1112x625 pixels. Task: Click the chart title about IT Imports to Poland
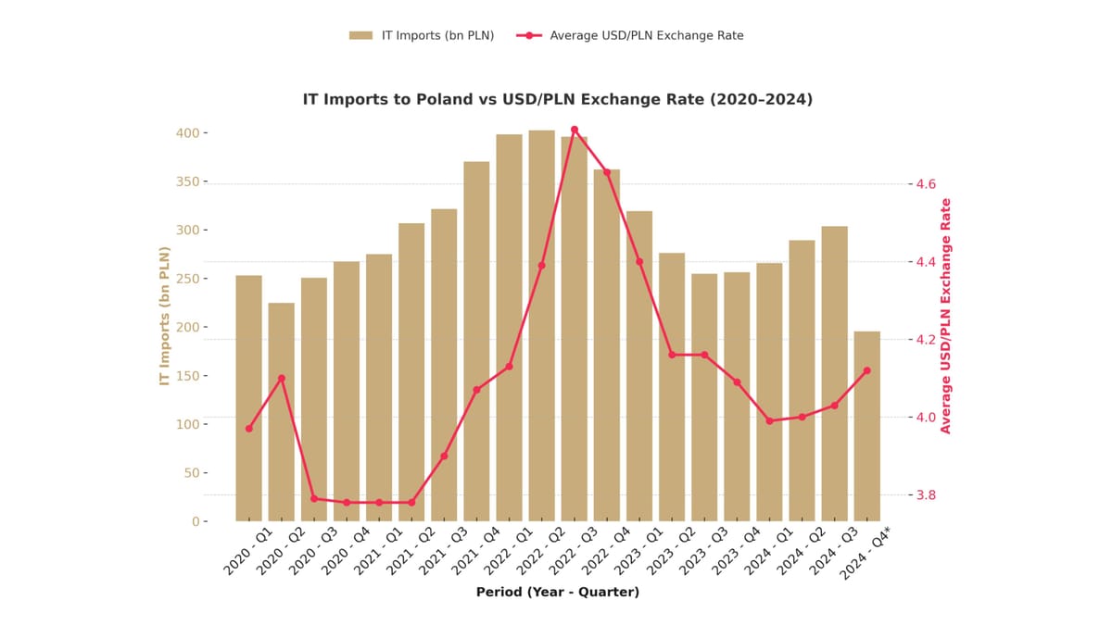click(557, 99)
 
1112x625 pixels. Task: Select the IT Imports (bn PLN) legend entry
click(422, 35)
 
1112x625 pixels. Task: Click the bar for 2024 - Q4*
click(866, 426)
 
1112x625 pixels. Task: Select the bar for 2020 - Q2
click(281, 412)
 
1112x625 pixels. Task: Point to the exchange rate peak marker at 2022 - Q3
click(575, 130)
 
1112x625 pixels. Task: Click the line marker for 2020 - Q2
click(281, 379)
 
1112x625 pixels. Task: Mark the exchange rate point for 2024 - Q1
click(769, 420)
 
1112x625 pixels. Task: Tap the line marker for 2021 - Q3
click(444, 456)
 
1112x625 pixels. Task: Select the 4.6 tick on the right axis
click(925, 184)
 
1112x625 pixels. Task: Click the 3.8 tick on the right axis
click(925, 494)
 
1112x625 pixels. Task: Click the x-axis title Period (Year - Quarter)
click(557, 592)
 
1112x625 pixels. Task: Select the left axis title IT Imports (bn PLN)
click(165, 315)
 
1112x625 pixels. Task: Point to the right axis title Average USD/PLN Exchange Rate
click(946, 315)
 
